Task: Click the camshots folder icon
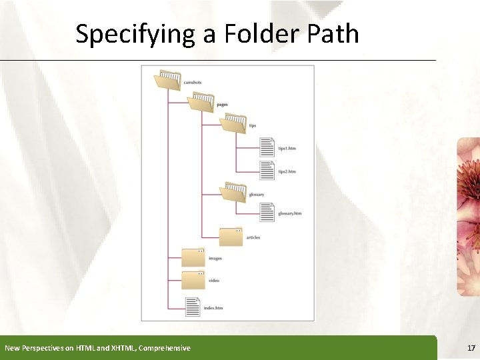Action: (167, 80)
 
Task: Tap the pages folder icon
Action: (200, 102)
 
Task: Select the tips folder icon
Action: (233, 123)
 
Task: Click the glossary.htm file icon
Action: (267, 212)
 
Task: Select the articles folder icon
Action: (231, 236)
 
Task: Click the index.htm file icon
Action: (193, 306)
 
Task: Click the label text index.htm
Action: (213, 309)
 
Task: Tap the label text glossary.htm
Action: (290, 213)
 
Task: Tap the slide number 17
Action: (471, 348)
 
